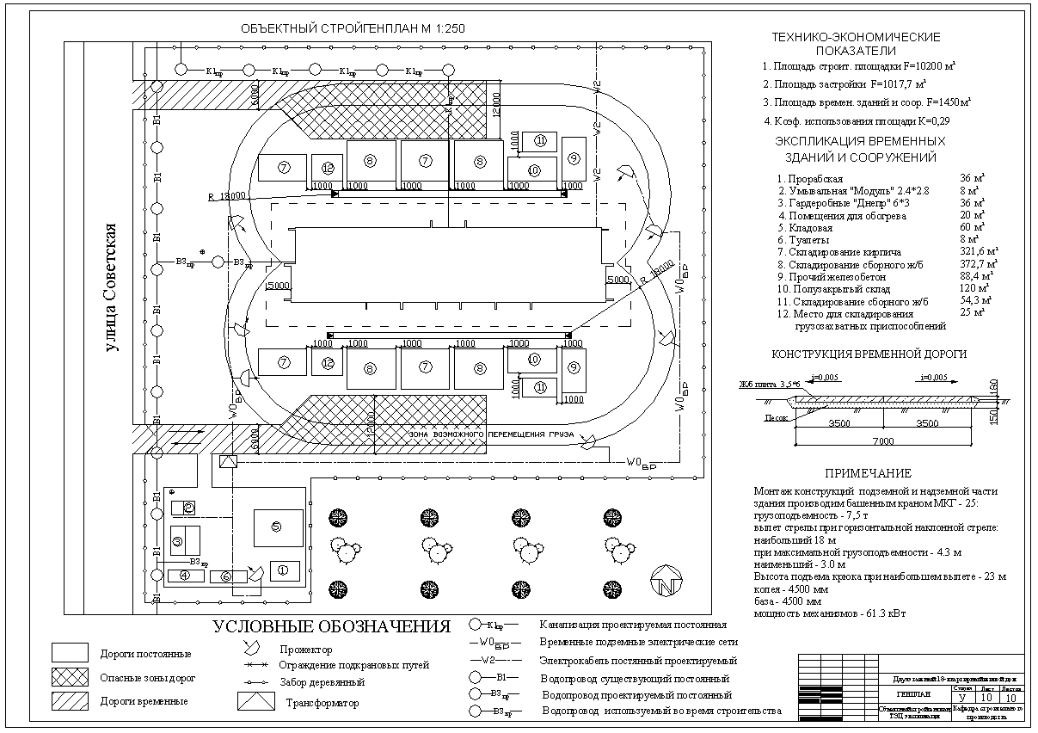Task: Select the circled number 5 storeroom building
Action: tap(277, 527)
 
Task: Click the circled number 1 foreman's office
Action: tap(285, 570)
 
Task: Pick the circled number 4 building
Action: tap(186, 575)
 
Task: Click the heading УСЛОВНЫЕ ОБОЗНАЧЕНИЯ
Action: tap(332, 626)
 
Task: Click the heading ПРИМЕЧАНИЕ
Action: tap(868, 474)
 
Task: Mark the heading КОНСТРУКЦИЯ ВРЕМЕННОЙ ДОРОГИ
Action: tap(869, 354)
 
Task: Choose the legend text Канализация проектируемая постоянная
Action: tap(633, 625)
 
